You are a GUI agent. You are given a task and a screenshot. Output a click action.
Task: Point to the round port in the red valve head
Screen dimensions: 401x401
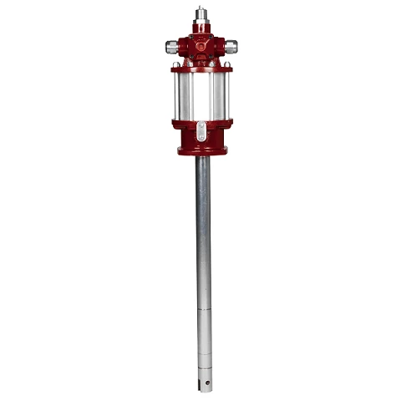(x=200, y=47)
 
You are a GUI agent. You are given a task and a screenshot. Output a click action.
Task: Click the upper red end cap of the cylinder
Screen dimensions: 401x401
(x=200, y=68)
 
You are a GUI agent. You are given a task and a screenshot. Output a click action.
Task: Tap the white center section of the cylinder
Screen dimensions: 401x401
(x=200, y=95)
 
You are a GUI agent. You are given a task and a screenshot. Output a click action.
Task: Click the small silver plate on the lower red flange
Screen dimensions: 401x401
(x=200, y=129)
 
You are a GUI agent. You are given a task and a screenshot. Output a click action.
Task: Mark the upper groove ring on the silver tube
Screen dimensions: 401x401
(x=203, y=310)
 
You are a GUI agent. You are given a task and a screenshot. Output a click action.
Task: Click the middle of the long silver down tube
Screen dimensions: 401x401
(x=203, y=251)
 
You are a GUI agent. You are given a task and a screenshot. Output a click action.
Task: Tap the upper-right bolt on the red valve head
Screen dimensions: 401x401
(x=211, y=37)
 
